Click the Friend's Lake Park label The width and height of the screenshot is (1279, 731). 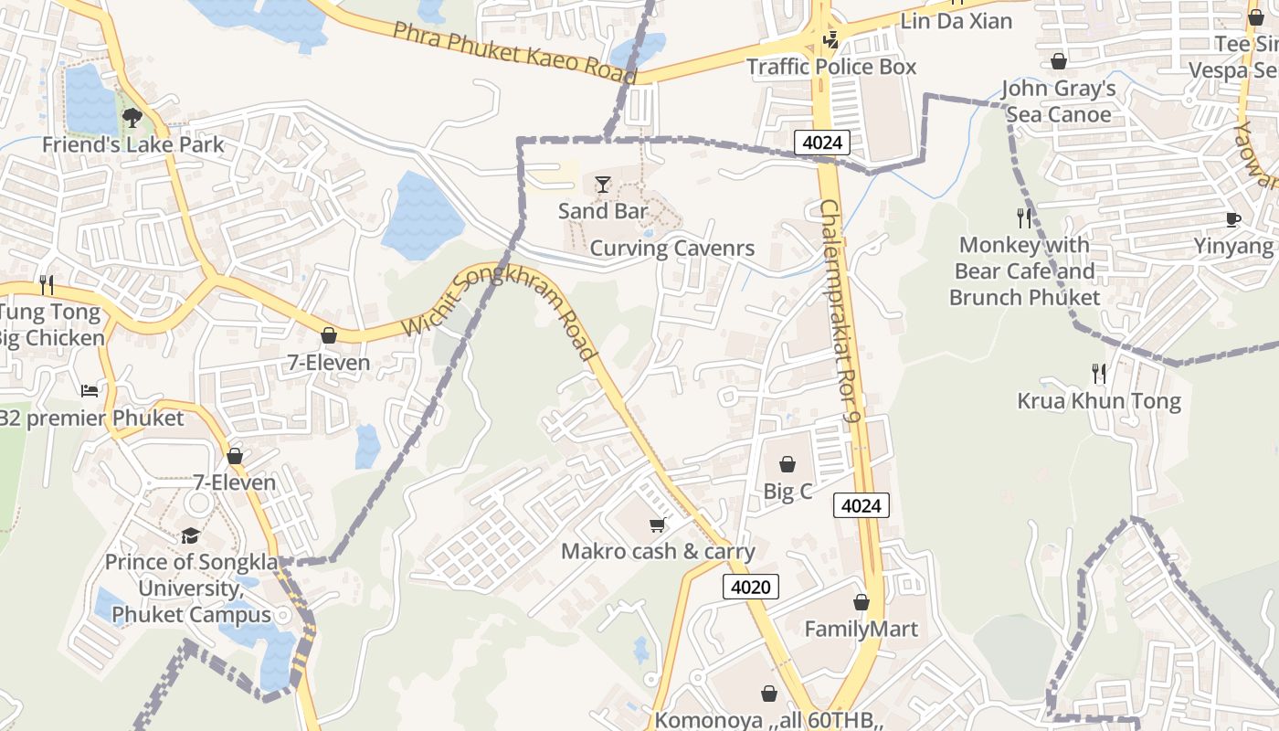click(x=133, y=144)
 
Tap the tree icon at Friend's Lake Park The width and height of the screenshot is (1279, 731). click(x=132, y=117)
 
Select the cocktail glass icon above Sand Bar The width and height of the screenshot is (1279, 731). click(x=602, y=185)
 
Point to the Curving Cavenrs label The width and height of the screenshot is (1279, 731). click(x=672, y=248)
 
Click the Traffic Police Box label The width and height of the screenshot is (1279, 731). click(x=831, y=67)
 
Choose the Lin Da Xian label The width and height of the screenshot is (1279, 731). click(x=957, y=20)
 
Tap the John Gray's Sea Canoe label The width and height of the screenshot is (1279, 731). click(x=1059, y=101)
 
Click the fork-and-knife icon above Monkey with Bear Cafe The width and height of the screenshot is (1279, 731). click(x=1024, y=217)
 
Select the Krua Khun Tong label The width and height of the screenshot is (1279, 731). click(x=1099, y=400)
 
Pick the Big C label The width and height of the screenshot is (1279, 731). click(x=787, y=491)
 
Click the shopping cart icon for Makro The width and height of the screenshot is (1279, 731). click(x=657, y=524)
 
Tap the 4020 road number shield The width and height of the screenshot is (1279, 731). click(x=751, y=587)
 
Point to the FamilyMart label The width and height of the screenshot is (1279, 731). click(x=861, y=629)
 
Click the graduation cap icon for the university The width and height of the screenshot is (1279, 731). click(x=190, y=535)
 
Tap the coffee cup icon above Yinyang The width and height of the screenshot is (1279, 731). click(x=1233, y=219)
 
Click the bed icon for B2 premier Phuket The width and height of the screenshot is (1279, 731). click(x=90, y=391)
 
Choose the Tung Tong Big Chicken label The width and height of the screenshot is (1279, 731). click(x=51, y=325)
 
